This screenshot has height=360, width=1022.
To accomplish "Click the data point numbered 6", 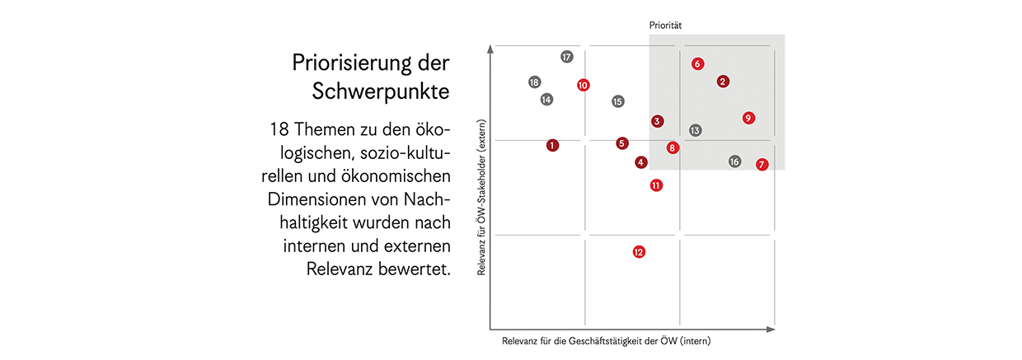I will [697, 63].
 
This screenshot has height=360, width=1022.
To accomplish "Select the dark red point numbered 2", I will [723, 81].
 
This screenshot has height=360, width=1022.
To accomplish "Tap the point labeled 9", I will [748, 118].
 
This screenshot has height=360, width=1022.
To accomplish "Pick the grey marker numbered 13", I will [695, 130].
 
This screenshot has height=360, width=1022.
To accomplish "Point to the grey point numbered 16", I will [734, 161].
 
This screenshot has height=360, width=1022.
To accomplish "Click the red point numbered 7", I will [762, 164].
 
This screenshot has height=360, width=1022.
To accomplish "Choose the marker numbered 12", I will [639, 252].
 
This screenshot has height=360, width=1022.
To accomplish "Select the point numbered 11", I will [656, 185].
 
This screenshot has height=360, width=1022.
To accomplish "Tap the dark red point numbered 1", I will [552, 145].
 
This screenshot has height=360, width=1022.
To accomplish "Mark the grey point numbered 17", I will [567, 57].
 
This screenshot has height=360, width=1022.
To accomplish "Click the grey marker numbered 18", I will [534, 82].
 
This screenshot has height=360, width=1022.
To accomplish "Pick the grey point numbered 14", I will [546, 100].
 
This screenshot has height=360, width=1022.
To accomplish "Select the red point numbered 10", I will [584, 85].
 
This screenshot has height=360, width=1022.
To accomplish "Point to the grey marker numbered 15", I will [618, 101].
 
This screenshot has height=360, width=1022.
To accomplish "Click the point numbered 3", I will [657, 121].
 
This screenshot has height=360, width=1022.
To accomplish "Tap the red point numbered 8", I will [673, 147].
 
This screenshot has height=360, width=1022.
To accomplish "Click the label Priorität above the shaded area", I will [664, 26].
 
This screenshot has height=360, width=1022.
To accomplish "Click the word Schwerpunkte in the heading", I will [381, 91].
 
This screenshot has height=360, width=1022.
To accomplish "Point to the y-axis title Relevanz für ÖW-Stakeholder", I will [481, 197].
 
